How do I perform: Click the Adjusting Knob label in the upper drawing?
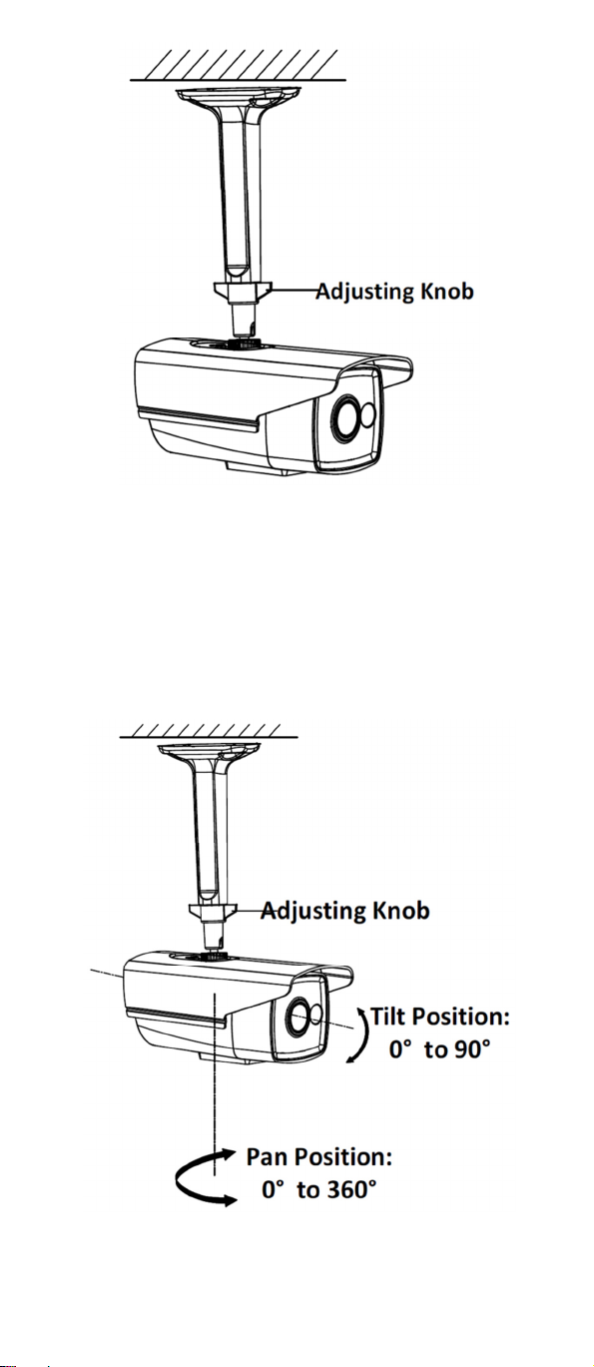[x=394, y=292]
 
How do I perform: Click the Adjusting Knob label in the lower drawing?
[x=345, y=911]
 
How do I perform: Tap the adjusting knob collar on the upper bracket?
[x=242, y=292]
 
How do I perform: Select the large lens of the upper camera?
[x=345, y=418]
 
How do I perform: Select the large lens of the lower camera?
[x=298, y=1015]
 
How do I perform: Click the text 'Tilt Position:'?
[x=439, y=1017]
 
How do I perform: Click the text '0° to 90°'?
[x=439, y=1049]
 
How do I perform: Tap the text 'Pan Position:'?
[x=318, y=1156]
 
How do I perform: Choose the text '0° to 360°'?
[x=318, y=1189]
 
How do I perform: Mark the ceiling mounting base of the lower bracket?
[x=210, y=751]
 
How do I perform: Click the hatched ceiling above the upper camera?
[x=238, y=65]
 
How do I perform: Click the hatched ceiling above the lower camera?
[x=209, y=731]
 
